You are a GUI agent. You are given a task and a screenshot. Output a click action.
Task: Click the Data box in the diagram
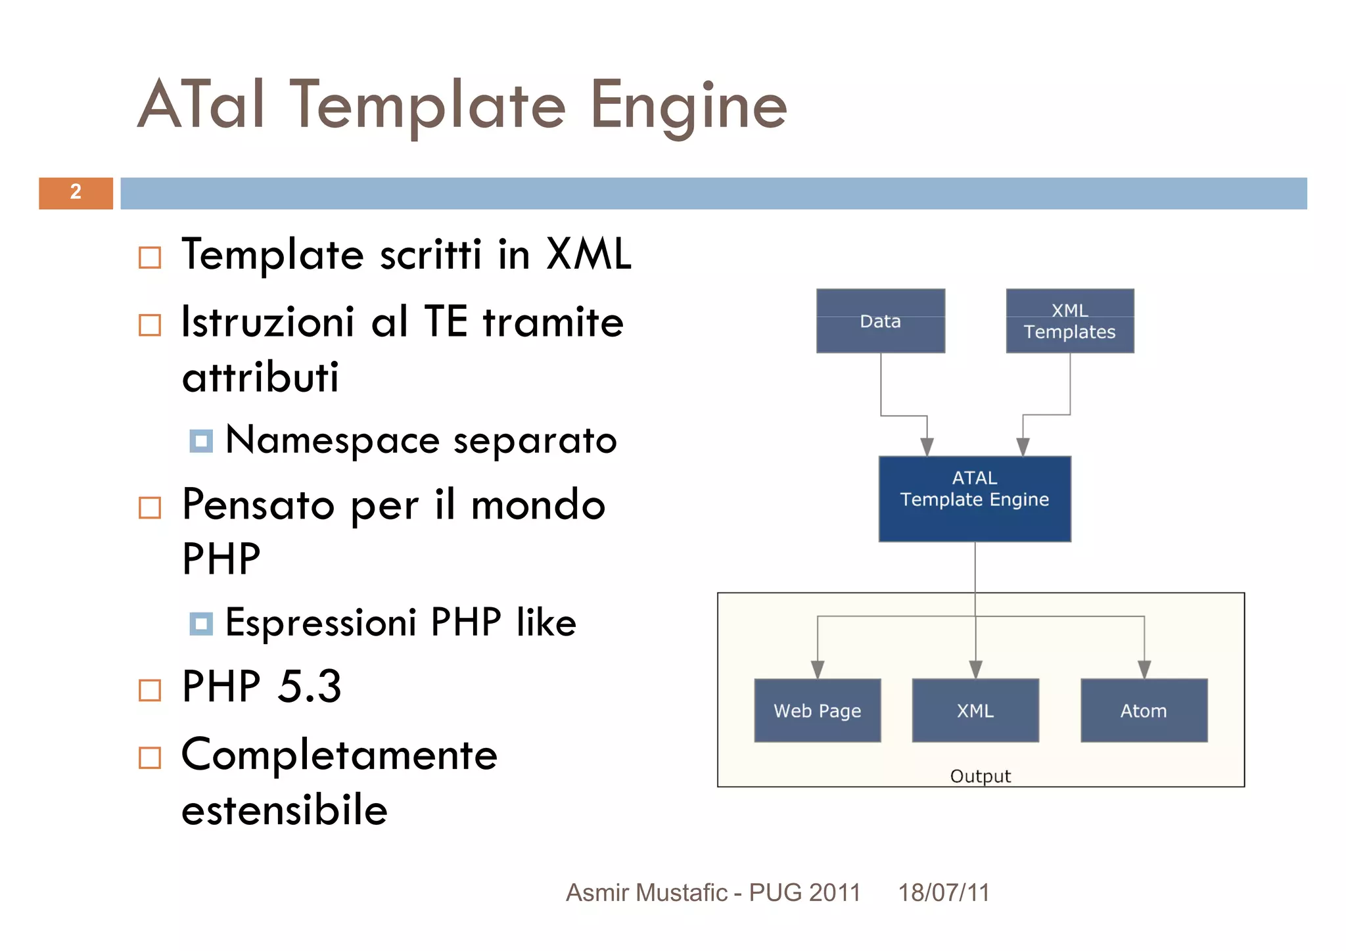tap(880, 321)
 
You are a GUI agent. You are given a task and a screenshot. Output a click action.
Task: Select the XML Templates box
tap(1069, 321)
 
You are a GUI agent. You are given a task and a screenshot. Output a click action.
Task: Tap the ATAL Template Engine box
tap(974, 498)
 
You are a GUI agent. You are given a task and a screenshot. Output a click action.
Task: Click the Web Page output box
tap(817, 710)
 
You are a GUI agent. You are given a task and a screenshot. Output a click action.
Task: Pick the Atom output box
tap(1144, 710)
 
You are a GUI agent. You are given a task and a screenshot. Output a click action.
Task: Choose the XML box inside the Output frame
tap(975, 710)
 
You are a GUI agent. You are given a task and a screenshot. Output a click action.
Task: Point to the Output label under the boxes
tap(980, 776)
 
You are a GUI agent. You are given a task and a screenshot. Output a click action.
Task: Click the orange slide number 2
tap(76, 193)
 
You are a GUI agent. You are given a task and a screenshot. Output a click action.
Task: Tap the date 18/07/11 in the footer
tap(943, 893)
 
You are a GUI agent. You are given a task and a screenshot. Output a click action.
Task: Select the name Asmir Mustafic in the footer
tap(647, 893)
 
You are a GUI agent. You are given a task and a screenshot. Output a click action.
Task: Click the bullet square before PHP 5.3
tap(150, 690)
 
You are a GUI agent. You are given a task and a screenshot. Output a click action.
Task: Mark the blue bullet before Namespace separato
tap(201, 441)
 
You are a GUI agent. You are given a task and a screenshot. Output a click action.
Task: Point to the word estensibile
tap(284, 810)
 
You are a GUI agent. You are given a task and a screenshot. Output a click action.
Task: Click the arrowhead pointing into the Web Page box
tap(818, 670)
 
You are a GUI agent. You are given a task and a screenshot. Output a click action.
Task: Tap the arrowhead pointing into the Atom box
tap(1144, 670)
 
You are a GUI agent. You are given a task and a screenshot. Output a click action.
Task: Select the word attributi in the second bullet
tap(260, 378)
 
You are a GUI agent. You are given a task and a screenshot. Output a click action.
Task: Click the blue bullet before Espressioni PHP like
tap(201, 624)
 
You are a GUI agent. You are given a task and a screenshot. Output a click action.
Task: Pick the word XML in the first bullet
tap(588, 254)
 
